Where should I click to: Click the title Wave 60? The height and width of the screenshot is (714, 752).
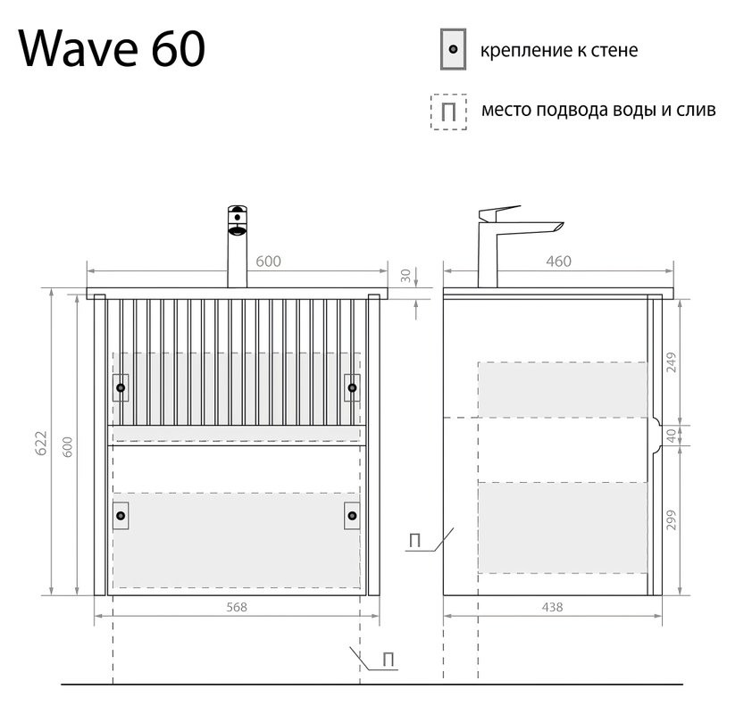coord(112,48)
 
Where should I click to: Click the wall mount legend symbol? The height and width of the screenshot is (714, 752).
coord(453,49)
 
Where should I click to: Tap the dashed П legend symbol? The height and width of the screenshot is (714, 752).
coord(448,112)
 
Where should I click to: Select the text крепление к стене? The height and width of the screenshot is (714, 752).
coord(559,50)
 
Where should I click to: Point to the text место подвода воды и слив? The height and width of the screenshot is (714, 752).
coord(597,111)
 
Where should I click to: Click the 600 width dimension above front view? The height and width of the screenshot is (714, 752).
coord(268,261)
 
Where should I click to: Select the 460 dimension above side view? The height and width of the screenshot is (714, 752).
coord(557,261)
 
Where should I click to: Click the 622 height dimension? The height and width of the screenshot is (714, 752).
coord(40,444)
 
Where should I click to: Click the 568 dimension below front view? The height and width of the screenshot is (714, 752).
coord(236,607)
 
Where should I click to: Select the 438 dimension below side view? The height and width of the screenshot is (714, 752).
coord(552,607)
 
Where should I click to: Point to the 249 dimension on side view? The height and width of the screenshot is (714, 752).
coord(671,361)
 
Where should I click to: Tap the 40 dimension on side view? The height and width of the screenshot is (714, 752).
coord(671,435)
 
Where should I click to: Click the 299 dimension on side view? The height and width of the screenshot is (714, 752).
coord(671,520)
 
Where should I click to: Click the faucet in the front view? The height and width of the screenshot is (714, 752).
coord(237,245)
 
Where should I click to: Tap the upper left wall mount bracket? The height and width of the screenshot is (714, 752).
coord(121,387)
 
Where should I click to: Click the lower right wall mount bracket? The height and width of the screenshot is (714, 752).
coord(351,515)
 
